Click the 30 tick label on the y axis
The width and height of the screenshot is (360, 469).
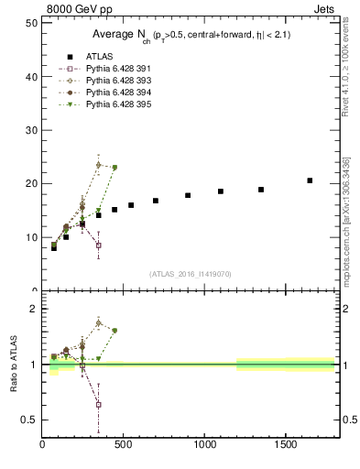pyautogui.click(x=31, y=130)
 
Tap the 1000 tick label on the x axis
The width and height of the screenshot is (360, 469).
pyautogui.click(x=203, y=445)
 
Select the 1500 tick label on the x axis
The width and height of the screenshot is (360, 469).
pyautogui.click(x=285, y=445)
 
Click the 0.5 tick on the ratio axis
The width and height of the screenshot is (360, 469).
pyautogui.click(x=29, y=420)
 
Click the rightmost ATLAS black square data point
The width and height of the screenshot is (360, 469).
pyautogui.click(x=310, y=180)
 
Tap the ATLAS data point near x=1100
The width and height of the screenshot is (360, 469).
pyautogui.click(x=221, y=191)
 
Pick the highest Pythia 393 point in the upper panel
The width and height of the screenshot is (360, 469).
pyautogui.click(x=98, y=165)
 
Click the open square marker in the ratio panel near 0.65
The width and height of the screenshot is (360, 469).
pyautogui.click(x=98, y=404)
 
